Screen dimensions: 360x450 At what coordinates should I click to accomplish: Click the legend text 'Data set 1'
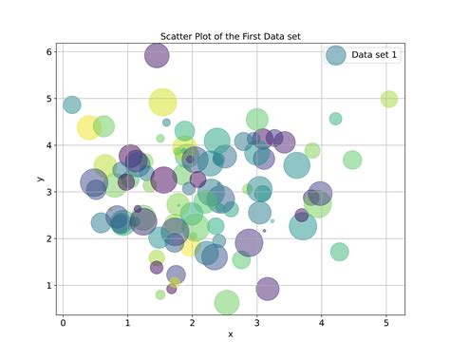point(374,55)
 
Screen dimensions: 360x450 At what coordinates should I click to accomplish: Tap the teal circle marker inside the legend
point(335,55)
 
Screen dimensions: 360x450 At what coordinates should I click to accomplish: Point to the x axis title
point(231,334)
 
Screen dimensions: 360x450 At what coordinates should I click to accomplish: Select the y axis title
point(40,179)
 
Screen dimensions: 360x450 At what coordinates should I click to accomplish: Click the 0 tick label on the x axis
point(64,321)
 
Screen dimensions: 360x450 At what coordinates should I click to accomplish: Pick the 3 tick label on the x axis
point(257,321)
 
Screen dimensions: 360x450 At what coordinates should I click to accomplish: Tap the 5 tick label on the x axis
point(385,321)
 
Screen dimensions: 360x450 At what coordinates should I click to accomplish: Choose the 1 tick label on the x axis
point(128,321)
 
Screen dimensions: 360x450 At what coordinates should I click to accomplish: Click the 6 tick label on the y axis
point(48,51)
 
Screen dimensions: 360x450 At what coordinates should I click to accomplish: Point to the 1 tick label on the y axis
point(48,285)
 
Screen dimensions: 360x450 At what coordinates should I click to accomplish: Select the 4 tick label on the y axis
point(48,145)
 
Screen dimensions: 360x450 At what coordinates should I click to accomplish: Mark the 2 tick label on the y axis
point(48,238)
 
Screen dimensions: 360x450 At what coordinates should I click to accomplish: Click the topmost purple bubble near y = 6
point(157,56)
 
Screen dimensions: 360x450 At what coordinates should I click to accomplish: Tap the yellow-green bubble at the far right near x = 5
point(388,99)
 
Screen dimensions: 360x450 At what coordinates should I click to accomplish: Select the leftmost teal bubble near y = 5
point(72,104)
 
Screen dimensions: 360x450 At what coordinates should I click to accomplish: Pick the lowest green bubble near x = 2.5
point(226,302)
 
